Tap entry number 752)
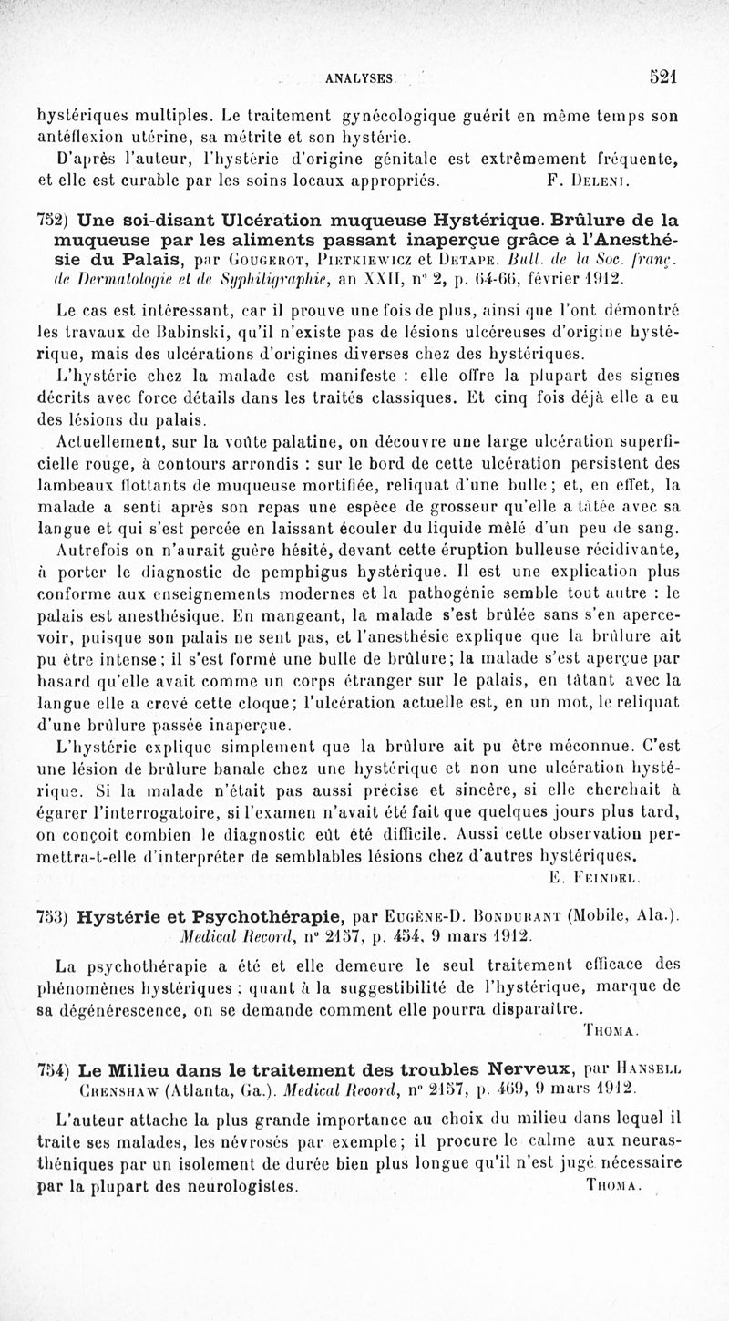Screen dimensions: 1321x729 [x=54, y=220]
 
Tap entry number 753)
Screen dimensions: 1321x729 [x=54, y=915]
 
